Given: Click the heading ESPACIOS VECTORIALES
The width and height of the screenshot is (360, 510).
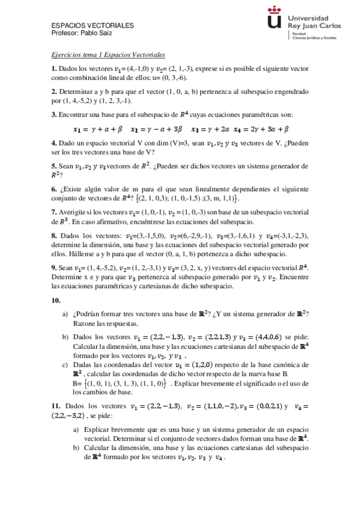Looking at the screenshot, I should click(x=93, y=26).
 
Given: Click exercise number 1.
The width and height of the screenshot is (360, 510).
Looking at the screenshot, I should click(x=53, y=69).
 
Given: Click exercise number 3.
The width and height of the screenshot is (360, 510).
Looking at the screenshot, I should click(x=53, y=114).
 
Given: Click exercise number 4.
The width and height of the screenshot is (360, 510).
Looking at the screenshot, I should click(x=53, y=143).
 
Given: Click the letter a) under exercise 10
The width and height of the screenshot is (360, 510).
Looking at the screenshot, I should click(x=66, y=314).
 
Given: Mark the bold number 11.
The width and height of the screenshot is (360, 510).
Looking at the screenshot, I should click(x=56, y=407).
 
